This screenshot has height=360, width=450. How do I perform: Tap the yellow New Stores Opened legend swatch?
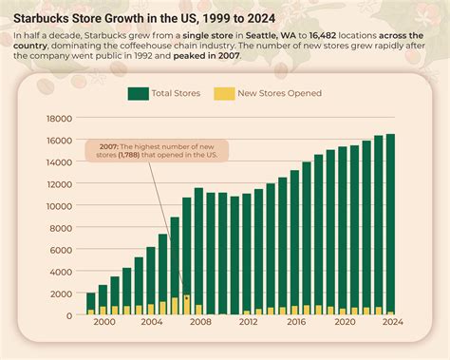pos(224,93)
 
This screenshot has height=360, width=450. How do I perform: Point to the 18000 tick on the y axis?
pos(60,118)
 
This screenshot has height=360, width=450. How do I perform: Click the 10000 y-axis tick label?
pos(60,205)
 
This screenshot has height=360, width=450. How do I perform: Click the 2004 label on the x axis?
pos(151,323)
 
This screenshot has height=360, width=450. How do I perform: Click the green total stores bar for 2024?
pos(390,224)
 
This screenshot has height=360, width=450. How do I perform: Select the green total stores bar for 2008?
pos(198,251)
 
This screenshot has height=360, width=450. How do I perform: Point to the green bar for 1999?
pos(91,303)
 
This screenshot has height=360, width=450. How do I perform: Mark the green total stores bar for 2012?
pos(247,254)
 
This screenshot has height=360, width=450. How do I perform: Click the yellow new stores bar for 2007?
pos(187,304)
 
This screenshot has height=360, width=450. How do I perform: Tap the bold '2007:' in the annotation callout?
pos(103,145)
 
